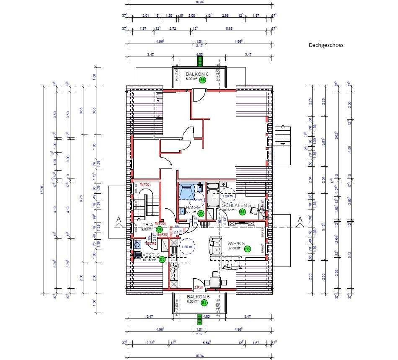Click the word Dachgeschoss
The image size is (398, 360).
tap(326, 45)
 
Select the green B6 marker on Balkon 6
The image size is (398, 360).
tap(202, 80)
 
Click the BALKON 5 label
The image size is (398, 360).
tap(198, 296)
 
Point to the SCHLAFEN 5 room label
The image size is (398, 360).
tap(236, 205)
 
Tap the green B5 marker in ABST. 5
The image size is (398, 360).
tap(162, 259)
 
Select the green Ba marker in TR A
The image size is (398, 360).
tap(159, 230)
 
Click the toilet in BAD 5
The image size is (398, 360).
tap(199, 189)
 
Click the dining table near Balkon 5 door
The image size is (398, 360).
tap(215, 281)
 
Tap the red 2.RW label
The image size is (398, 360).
tap(199, 287)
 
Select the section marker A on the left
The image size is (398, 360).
tap(119, 219)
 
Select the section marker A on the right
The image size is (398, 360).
tap(300, 219)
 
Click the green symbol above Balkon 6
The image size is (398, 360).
tap(200, 61)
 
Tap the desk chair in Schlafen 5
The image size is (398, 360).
tap(254, 211)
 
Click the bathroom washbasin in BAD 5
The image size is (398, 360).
tap(183, 211)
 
